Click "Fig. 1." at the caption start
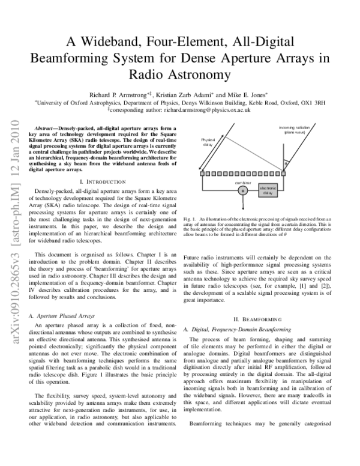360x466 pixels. (x=190, y=222)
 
